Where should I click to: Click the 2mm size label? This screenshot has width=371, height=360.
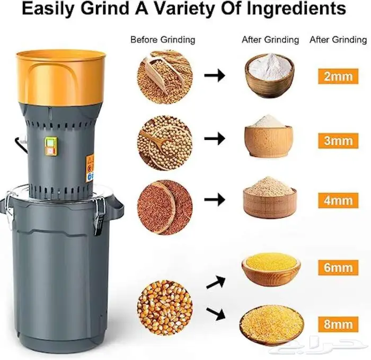[x=338, y=76]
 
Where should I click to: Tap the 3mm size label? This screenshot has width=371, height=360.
[x=338, y=141]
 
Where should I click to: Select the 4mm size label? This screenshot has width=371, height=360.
[x=338, y=200]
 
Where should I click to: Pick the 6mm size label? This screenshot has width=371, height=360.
[x=338, y=267]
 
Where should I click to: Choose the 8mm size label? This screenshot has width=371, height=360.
[x=338, y=324]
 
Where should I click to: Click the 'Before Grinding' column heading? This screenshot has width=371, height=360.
[x=163, y=40]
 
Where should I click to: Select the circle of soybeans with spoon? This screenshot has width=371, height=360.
[x=165, y=143]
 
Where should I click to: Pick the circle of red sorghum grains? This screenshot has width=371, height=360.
[x=165, y=207]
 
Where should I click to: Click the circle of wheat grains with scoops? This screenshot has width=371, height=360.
[x=165, y=77]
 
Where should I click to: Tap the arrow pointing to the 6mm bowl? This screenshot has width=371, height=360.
[x=216, y=282]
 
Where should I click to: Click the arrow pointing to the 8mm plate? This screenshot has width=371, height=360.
[x=216, y=314]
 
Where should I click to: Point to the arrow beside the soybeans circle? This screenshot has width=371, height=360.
[x=215, y=138]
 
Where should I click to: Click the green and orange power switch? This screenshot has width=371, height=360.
[x=51, y=146]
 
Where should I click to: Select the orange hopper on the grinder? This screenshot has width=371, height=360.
[x=61, y=77]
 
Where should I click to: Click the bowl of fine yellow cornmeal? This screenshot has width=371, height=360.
[x=271, y=269]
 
